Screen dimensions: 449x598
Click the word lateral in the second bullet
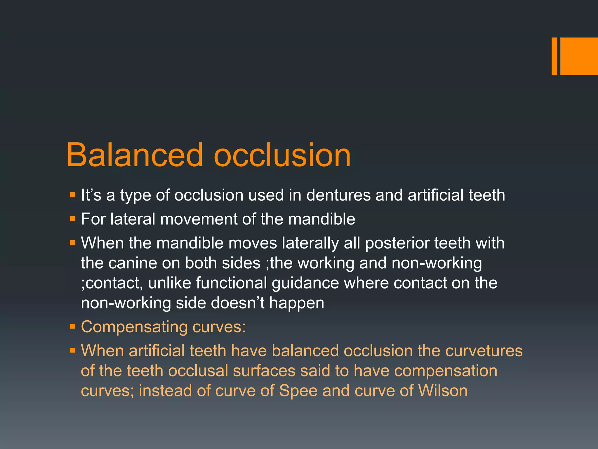(133, 219)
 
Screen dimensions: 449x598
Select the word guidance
(305, 284)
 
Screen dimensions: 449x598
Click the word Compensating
(134, 327)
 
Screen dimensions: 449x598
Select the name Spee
(298, 391)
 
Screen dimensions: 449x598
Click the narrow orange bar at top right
(554, 56)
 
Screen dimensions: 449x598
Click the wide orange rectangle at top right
(579, 56)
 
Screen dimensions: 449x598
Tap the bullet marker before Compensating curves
(72, 327)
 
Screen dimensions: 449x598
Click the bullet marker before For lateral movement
(72, 219)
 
